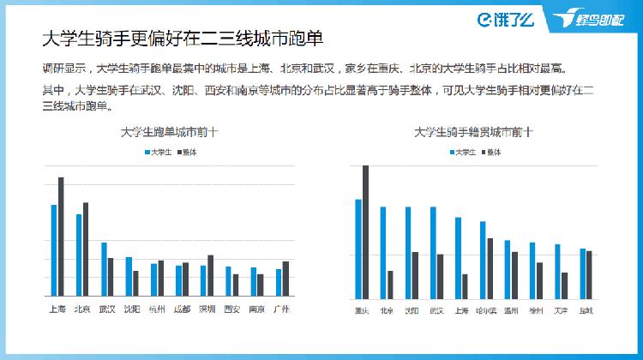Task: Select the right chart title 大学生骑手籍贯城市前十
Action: tap(472, 133)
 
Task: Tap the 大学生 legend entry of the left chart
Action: tap(159, 152)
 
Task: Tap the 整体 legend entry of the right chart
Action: tap(492, 152)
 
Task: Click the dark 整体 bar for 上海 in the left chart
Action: tap(61, 237)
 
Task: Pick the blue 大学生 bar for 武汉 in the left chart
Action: tap(104, 269)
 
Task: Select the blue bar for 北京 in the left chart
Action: tap(79, 255)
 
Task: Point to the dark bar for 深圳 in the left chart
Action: tap(210, 275)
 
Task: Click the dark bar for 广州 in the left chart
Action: tap(285, 279)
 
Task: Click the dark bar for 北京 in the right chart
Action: tap(391, 285)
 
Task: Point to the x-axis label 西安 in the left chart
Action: tap(231, 309)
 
